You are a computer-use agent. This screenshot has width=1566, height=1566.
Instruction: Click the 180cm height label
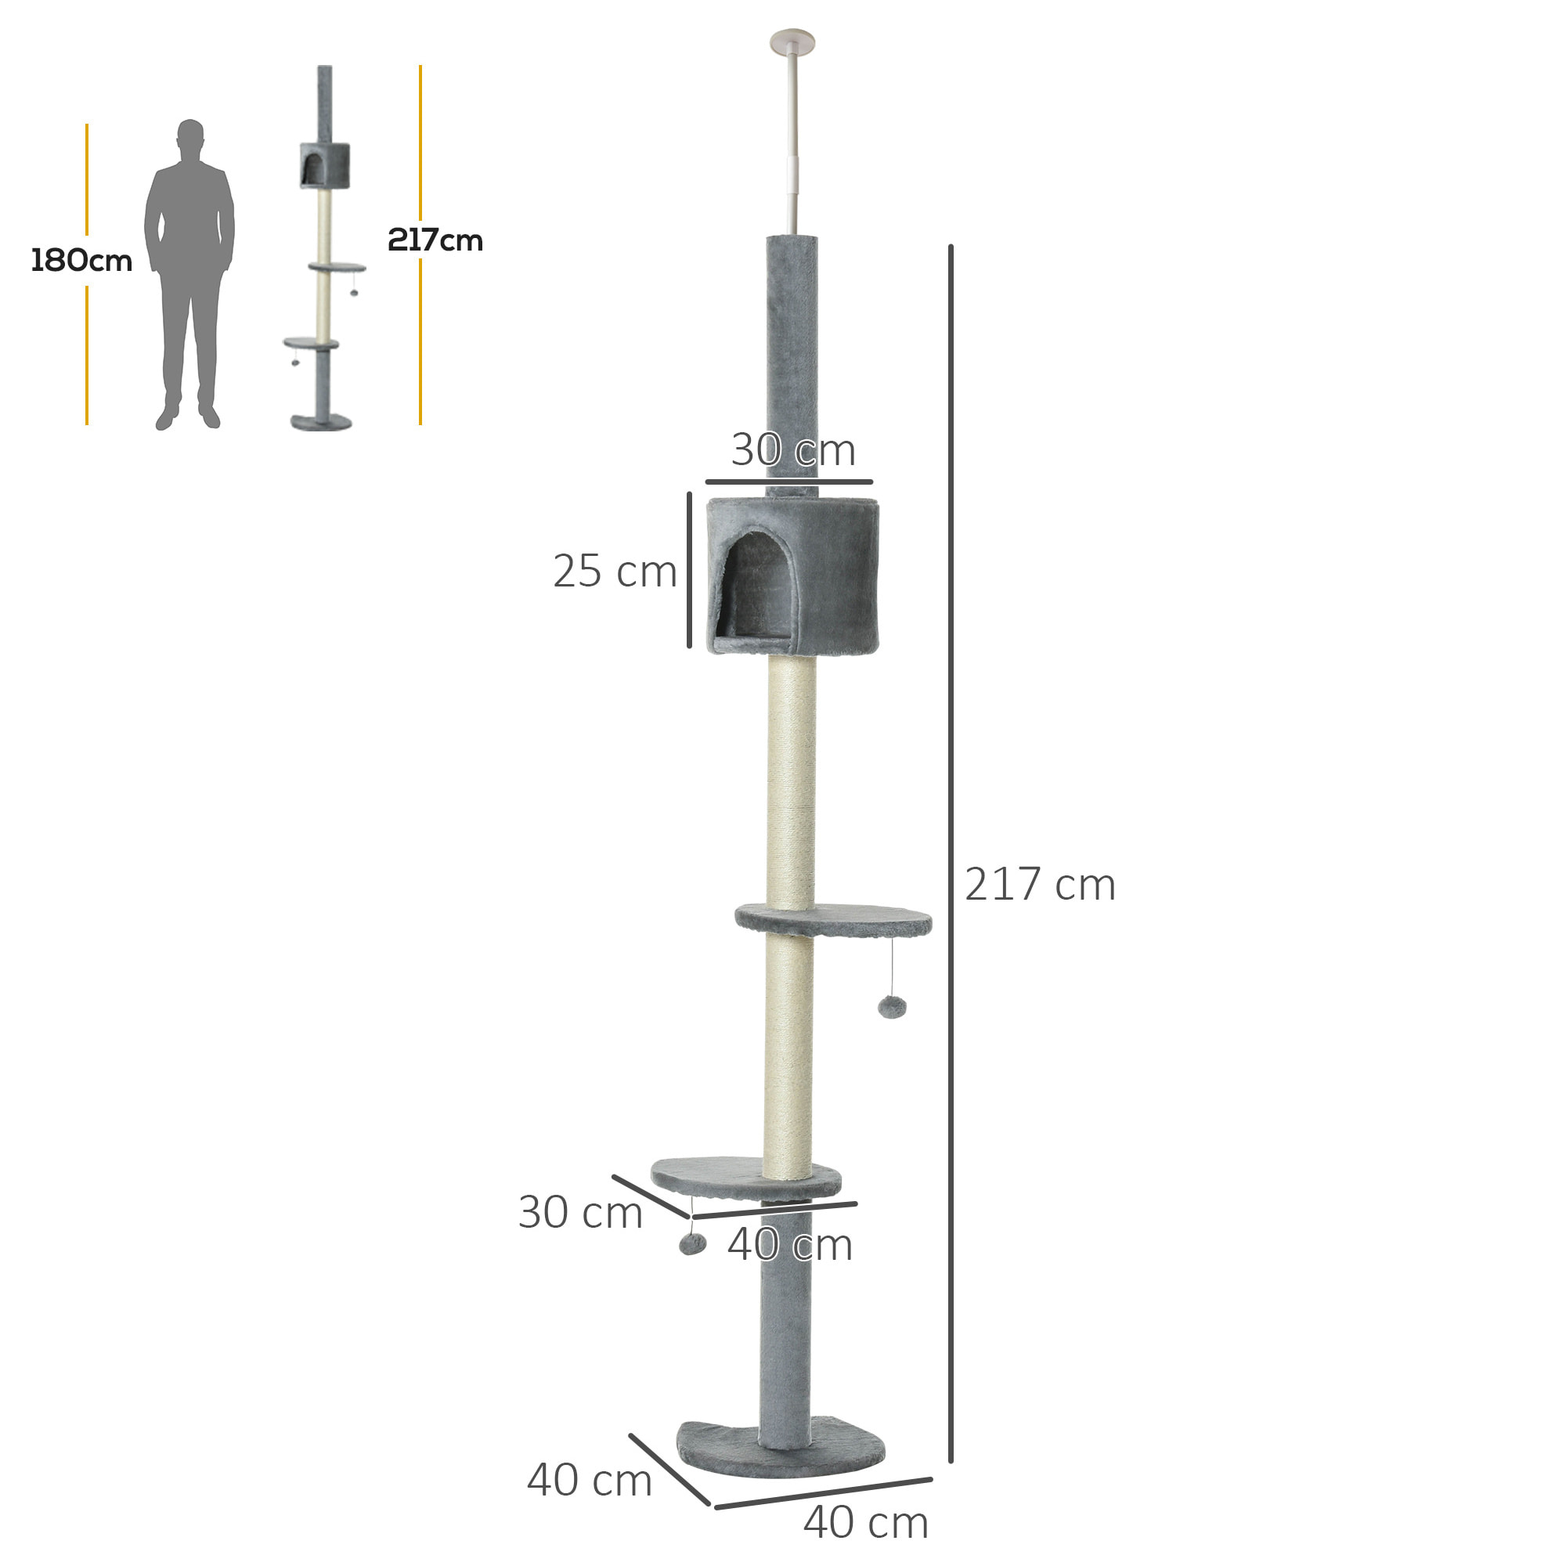pos(81,260)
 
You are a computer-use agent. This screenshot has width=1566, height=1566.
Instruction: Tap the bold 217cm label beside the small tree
pos(435,240)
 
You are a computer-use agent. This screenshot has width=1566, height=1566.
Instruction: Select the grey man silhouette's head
pos(190,135)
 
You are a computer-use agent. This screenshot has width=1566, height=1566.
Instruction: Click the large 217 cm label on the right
pos(1039,884)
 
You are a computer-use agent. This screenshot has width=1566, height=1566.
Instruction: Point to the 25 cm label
pos(615,572)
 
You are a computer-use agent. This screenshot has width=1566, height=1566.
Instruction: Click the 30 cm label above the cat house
pos(792,450)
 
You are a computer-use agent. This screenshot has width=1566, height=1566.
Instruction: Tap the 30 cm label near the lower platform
pos(579,1213)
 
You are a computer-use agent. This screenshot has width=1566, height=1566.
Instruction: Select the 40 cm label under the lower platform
pos(789,1245)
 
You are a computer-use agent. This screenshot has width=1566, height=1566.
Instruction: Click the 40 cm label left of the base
pos(590,1480)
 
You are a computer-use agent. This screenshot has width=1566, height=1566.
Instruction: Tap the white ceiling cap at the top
pos(792,41)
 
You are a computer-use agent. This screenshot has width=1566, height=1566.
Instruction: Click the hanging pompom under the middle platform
pos(892,1008)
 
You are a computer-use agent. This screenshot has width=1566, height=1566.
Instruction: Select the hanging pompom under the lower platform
pos(692,1243)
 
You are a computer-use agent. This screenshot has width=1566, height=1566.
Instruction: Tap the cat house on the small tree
pos(325,165)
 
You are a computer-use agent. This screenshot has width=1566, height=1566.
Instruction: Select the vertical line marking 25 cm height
pos(689,570)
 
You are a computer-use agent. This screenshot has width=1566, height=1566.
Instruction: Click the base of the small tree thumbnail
pos(322,422)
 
